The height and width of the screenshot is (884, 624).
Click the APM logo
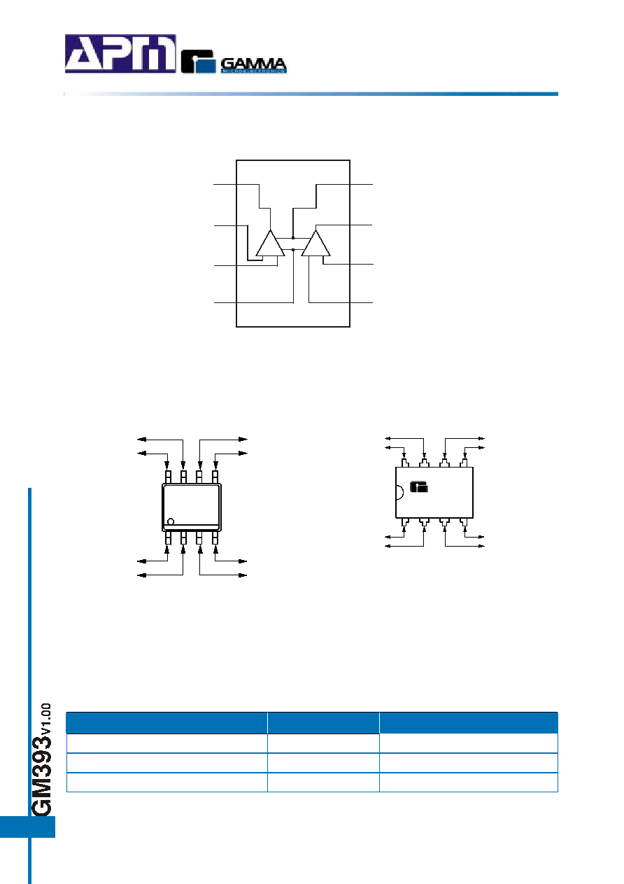pos(120,54)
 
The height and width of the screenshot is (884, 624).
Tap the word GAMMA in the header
pos(253,63)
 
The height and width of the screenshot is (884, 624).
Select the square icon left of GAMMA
pos(199,62)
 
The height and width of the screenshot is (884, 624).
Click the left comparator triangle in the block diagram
pos(270,243)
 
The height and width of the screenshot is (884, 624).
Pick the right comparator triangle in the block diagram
pos(316,243)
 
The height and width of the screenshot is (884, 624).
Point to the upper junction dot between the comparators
pos(293,238)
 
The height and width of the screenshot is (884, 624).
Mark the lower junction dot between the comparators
pos(293,249)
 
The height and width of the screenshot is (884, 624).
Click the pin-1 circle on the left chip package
pos(171,521)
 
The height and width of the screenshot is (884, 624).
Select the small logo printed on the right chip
pos(418,487)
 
